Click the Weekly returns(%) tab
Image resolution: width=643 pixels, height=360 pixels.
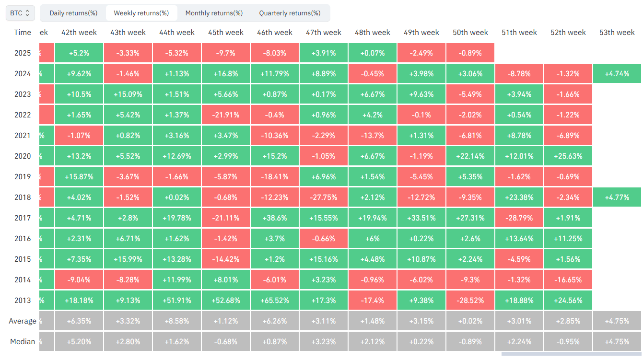pos(141,13)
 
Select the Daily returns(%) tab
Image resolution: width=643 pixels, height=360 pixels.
pos(73,13)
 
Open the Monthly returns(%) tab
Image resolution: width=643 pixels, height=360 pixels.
pos(214,13)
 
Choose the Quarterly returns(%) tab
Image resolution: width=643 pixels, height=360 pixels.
pos(290,13)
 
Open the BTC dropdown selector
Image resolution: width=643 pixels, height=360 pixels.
pos(20,13)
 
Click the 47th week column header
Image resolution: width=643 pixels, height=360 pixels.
pos(324,33)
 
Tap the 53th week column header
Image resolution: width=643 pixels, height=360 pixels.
pos(617,33)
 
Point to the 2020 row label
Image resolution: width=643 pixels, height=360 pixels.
pos(23,156)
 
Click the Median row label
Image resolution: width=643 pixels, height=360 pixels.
pos(23,342)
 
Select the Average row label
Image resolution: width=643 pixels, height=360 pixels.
pos(23,321)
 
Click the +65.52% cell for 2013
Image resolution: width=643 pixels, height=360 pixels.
pos(275,300)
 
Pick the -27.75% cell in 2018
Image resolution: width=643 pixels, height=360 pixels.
pos(324,197)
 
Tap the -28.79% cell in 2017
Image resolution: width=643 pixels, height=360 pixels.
pos(519,218)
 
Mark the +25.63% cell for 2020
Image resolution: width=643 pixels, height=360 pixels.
pos(568,156)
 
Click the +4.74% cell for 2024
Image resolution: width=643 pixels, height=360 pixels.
pos(617,74)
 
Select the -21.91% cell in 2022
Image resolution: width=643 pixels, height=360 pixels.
pos(226,115)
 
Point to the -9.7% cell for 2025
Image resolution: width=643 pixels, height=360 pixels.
pos(226,53)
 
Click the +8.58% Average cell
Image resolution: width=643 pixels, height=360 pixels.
pos(177,321)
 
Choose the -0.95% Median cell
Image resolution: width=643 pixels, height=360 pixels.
pos(568,342)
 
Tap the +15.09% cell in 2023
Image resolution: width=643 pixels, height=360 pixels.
pos(128,94)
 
